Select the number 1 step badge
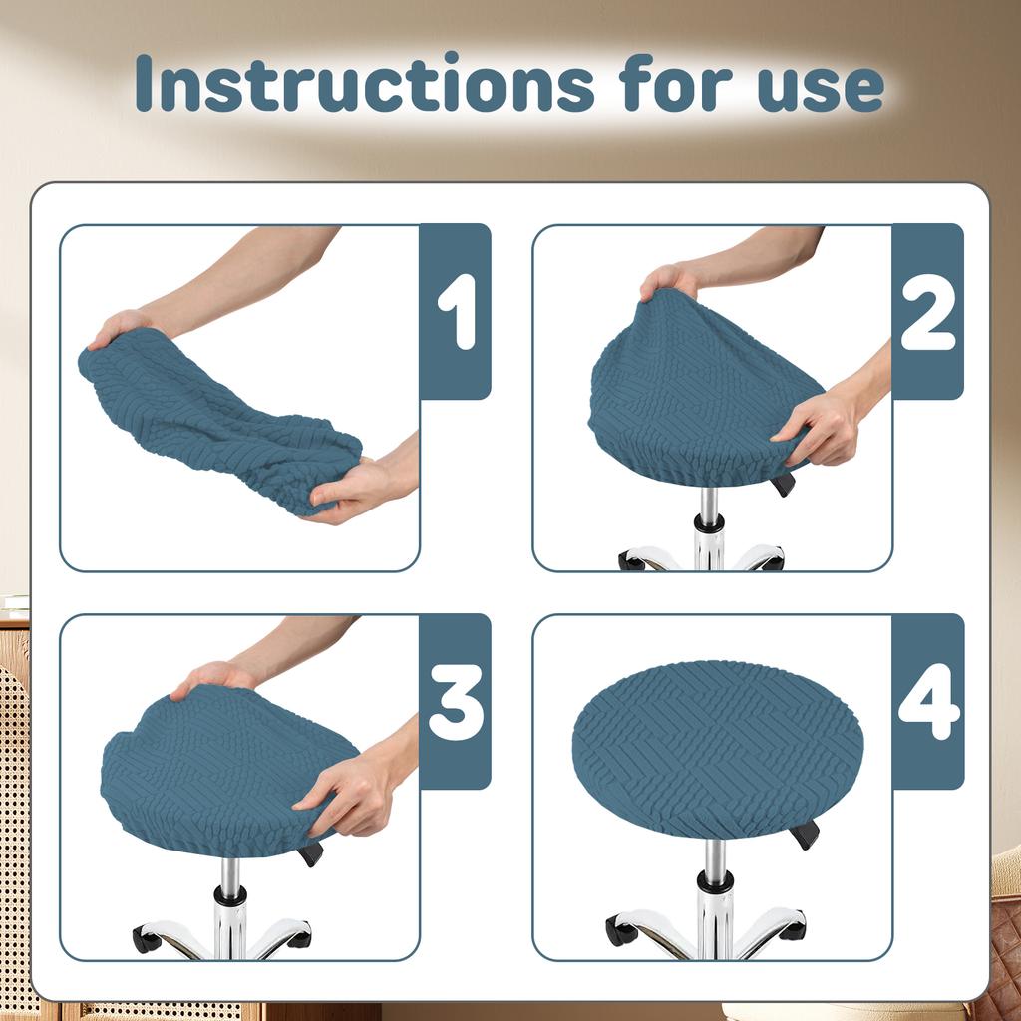[456, 311]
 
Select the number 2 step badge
[927, 311]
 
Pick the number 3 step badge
[456, 701]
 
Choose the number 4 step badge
[927, 701]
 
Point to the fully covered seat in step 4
[718, 748]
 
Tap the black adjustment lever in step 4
[805, 834]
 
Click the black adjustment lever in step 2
[784, 485]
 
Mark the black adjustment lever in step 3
[311, 853]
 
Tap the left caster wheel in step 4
[620, 932]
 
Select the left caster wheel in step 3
[147, 939]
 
